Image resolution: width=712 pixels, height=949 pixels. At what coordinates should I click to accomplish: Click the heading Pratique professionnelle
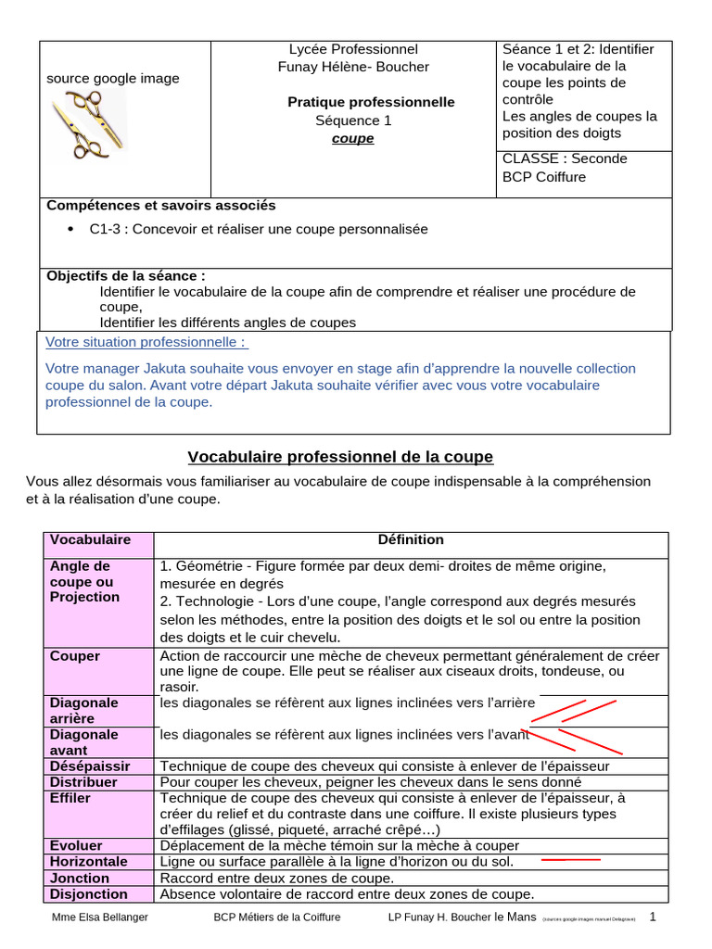(371, 102)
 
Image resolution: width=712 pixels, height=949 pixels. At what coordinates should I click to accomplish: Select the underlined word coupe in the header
(353, 138)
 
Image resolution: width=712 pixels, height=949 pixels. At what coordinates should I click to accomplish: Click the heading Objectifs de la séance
(126, 275)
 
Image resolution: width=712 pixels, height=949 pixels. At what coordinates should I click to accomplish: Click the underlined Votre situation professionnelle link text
(146, 342)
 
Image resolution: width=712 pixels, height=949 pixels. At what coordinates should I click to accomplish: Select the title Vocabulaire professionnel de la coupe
(340, 457)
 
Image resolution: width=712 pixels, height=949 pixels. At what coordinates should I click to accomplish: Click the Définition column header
(410, 539)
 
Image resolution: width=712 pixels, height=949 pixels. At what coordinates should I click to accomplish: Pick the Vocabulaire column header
(90, 539)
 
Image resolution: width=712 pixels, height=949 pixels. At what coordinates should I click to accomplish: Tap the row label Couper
(75, 656)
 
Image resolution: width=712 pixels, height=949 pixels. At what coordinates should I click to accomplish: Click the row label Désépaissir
(90, 766)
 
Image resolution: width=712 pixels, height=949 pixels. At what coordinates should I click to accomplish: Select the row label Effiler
(70, 798)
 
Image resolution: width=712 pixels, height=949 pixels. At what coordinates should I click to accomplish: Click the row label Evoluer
(76, 845)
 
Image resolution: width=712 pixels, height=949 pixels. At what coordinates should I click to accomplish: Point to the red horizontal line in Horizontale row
(570, 860)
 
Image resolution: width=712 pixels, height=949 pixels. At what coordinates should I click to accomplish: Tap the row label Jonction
(80, 878)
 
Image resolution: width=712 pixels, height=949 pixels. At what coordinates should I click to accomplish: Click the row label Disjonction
(89, 894)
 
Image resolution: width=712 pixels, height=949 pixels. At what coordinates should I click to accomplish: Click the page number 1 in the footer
(653, 917)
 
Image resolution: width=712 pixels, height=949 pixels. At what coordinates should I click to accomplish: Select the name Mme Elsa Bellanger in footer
(99, 917)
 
